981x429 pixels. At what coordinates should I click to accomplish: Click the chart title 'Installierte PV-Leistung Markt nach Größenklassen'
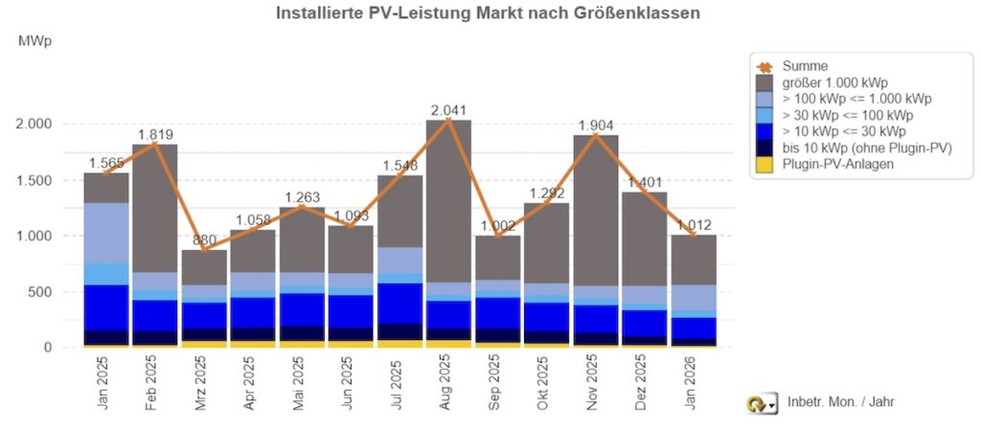click(489, 13)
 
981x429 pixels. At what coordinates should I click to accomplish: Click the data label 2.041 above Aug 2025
click(447, 108)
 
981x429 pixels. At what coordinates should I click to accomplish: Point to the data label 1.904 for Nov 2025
click(594, 124)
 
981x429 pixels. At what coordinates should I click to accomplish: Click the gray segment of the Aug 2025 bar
click(447, 201)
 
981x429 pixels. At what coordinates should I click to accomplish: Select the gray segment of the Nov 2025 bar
click(594, 211)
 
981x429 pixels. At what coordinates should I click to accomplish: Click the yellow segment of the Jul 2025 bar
click(399, 343)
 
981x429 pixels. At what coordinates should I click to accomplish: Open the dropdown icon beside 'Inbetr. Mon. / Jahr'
click(763, 403)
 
